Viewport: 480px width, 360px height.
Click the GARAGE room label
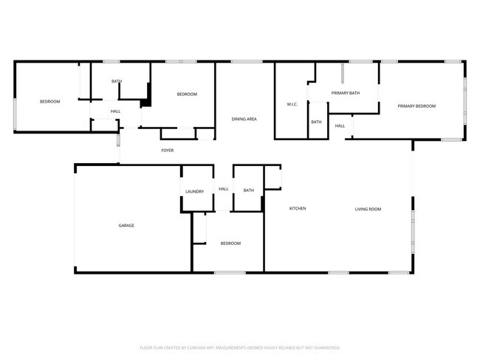click(x=126, y=225)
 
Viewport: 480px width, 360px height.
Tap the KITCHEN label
click(x=298, y=209)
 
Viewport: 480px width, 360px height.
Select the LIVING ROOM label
click(x=368, y=210)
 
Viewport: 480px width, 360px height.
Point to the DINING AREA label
click(x=244, y=119)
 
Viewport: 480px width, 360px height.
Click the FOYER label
click(x=168, y=150)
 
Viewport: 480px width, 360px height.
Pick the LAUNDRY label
click(x=194, y=191)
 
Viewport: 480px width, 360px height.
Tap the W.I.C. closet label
click(x=292, y=104)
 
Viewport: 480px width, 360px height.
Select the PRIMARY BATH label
click(x=346, y=93)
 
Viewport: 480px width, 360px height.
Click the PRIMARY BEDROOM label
click(x=416, y=106)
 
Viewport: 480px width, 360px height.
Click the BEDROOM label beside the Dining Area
click(x=187, y=94)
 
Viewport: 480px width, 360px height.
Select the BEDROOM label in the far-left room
click(x=49, y=101)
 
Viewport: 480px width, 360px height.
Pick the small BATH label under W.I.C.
click(x=316, y=122)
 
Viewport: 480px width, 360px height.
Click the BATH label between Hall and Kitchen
click(x=248, y=190)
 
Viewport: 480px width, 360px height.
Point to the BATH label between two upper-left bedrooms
click(x=117, y=81)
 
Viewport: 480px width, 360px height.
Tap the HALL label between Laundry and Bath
click(x=223, y=189)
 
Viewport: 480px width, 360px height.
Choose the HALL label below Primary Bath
click(x=340, y=126)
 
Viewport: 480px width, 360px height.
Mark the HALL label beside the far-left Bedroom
click(x=116, y=111)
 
